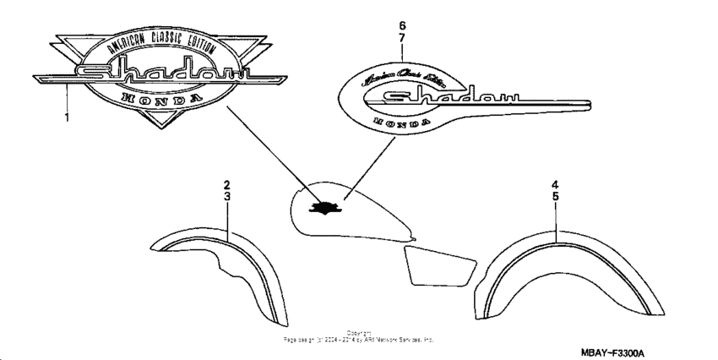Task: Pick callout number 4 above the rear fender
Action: pos(556,184)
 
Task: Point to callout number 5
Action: pos(556,196)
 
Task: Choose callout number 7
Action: pos(402,39)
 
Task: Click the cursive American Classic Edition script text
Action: pos(404,81)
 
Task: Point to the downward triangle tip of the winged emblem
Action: pos(161,126)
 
